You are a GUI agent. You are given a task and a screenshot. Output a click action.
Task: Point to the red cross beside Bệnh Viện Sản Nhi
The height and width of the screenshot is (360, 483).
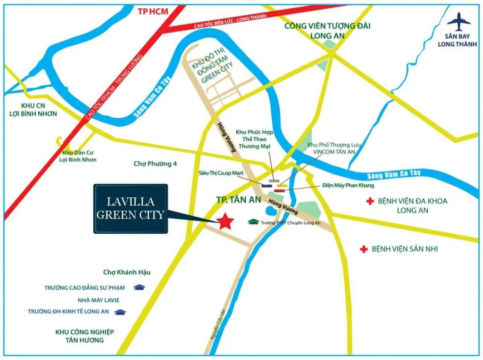364,249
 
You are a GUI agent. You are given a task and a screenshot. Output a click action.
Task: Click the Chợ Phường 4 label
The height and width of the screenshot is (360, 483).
155,164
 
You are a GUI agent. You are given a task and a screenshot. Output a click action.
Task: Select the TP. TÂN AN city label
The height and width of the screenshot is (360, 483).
238,200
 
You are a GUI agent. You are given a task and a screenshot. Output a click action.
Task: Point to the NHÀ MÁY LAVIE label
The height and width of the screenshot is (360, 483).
95,300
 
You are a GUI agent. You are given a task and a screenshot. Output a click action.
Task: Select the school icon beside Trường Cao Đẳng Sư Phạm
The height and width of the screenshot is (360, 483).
139,287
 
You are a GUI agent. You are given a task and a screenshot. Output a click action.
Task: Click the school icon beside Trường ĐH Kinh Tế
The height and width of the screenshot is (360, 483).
121,311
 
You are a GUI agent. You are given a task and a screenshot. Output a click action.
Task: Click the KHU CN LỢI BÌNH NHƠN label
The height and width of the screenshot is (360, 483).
33,109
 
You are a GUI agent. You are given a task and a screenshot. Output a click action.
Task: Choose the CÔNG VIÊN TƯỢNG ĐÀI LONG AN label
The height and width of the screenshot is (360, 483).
327,31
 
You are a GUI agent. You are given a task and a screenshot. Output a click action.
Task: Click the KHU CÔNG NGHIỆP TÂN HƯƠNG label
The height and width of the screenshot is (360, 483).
84,335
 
